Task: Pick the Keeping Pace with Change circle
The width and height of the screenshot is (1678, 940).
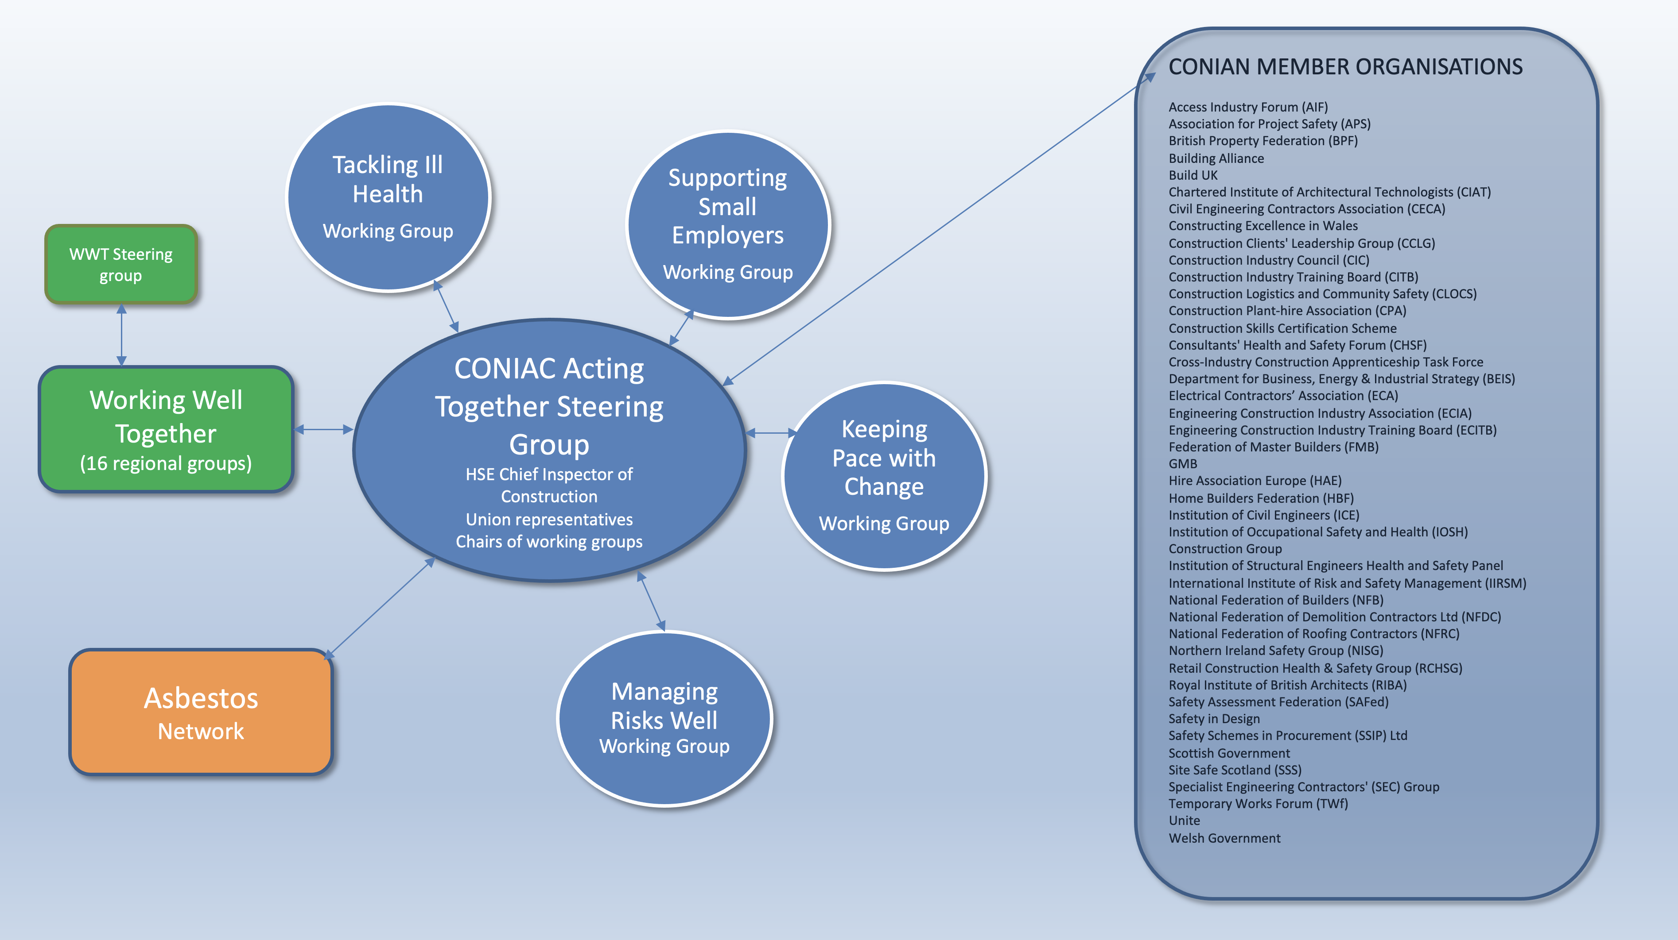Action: [884, 476]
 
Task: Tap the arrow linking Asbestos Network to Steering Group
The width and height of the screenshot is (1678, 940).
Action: [380, 608]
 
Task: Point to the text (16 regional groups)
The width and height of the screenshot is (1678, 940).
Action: [166, 463]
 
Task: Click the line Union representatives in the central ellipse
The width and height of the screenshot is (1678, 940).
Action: [549, 520]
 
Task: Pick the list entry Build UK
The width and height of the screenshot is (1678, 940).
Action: [1192, 175]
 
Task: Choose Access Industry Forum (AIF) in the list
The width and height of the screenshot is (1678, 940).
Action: [1247, 107]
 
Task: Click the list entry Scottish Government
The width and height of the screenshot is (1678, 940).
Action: [1228, 753]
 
